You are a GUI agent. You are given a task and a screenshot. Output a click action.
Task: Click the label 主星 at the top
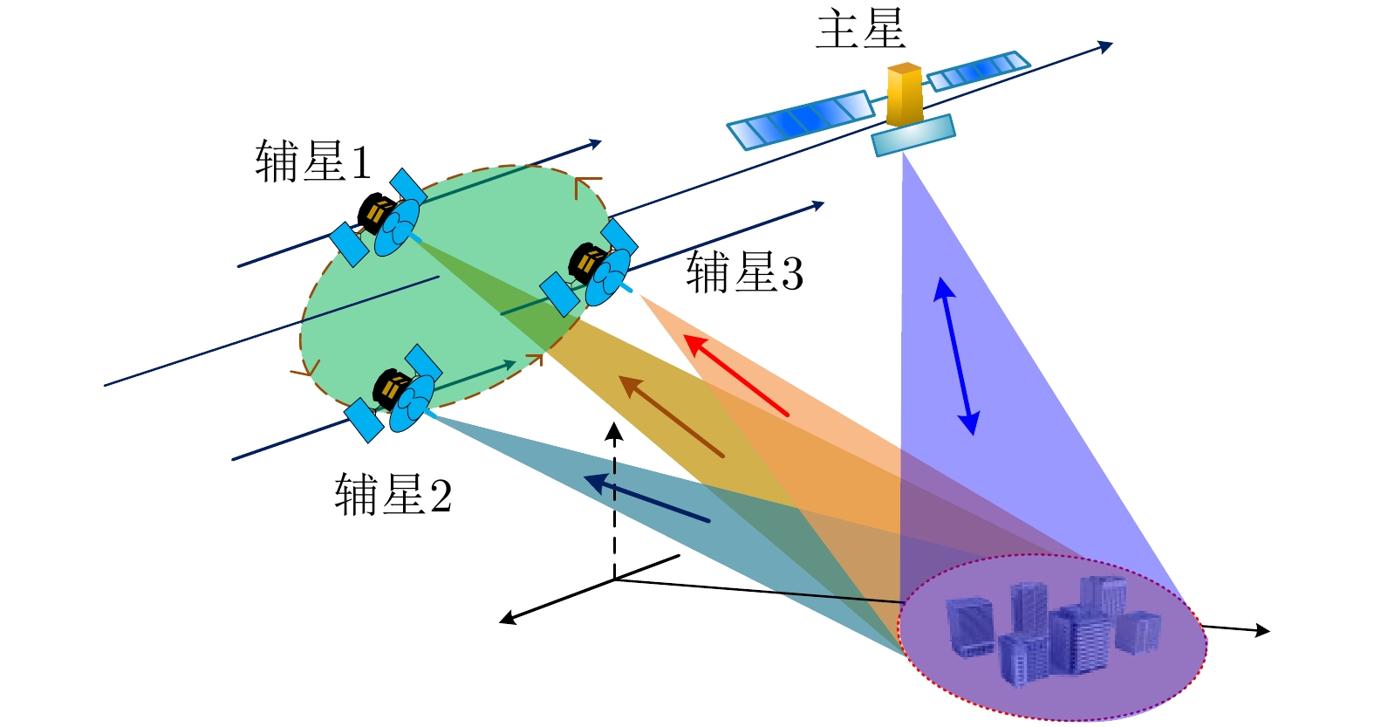click(860, 28)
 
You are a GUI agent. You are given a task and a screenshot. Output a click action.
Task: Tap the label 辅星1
click(313, 161)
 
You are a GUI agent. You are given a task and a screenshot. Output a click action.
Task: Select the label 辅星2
click(393, 494)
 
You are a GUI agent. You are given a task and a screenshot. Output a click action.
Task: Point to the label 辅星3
click(744, 271)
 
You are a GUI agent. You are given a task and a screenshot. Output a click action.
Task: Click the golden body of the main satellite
click(905, 94)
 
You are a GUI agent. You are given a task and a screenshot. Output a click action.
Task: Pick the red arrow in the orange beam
click(736, 376)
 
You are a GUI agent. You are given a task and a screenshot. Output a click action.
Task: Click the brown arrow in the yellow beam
click(671, 416)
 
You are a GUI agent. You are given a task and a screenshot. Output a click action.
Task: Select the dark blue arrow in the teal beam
click(646, 497)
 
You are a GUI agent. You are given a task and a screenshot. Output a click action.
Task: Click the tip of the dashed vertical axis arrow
click(614, 422)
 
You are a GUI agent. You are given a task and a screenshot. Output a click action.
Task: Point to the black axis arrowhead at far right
click(1262, 630)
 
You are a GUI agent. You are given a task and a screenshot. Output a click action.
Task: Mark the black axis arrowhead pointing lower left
click(507, 619)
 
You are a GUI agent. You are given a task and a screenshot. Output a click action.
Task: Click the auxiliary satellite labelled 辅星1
click(378, 218)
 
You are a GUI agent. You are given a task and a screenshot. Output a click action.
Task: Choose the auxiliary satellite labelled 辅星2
click(393, 394)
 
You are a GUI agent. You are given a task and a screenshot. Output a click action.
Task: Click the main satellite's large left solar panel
click(801, 120)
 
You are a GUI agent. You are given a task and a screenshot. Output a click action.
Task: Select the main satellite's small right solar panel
click(978, 72)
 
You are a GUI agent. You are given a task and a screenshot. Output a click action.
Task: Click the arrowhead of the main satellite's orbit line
click(1105, 46)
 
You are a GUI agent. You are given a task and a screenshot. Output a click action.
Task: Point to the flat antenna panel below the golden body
click(913, 135)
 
